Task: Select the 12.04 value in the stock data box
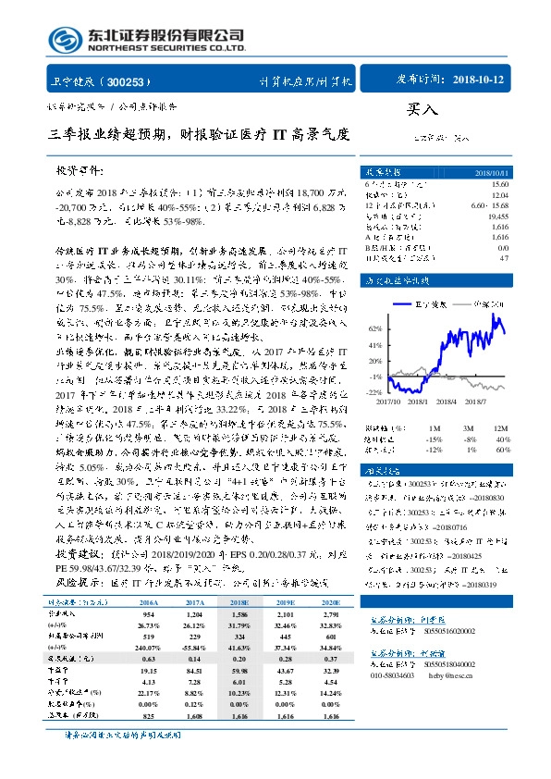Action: point(498,194)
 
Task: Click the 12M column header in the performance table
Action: point(501,415)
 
